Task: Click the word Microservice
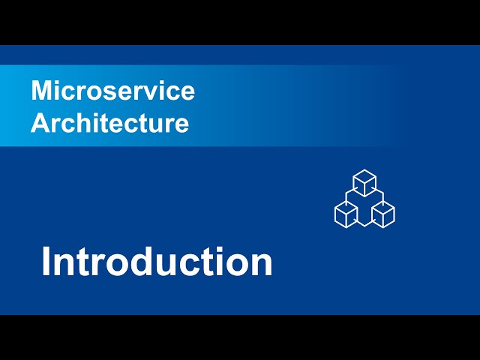[x=113, y=91]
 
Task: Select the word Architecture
[x=110, y=123]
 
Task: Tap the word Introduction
[x=157, y=262]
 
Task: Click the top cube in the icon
[x=364, y=183]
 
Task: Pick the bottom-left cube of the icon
[x=346, y=214]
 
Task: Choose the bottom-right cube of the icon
[x=383, y=214]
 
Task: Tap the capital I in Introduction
[x=46, y=262]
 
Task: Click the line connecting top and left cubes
[x=349, y=193]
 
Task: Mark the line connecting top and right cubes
[x=379, y=193]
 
